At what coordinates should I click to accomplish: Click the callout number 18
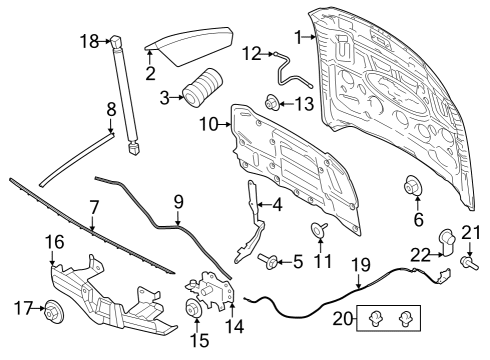pos(88,40)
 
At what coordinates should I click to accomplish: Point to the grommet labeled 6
pos(410,186)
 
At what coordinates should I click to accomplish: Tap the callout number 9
pos(178,201)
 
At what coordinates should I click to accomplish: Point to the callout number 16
pos(53,241)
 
